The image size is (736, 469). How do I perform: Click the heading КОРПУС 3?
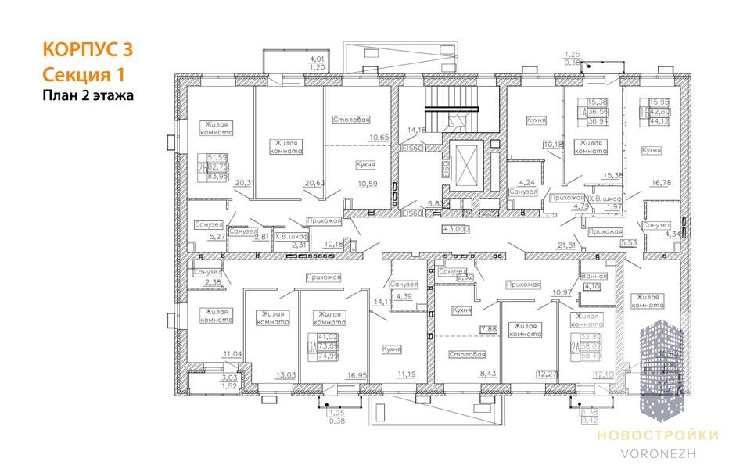(87, 49)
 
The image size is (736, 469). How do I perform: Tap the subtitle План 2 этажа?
(88, 96)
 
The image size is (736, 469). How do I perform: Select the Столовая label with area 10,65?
(350, 120)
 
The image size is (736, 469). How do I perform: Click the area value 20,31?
(244, 183)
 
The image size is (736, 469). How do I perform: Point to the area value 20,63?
(314, 183)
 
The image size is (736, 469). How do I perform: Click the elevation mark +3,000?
(454, 229)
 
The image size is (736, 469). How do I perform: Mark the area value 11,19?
(406, 374)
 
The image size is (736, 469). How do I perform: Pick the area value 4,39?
(404, 296)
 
